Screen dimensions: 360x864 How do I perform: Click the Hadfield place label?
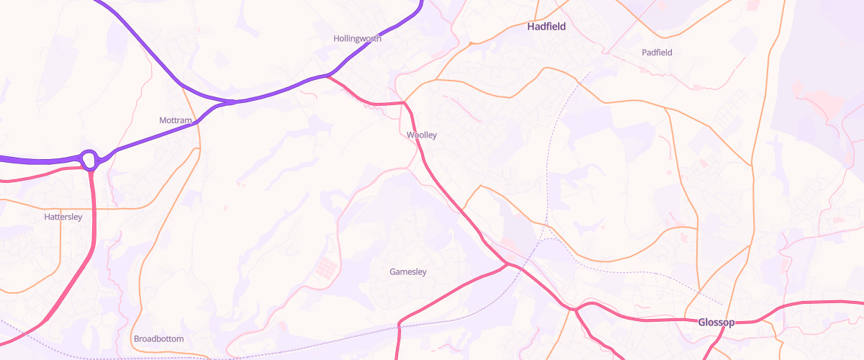546,27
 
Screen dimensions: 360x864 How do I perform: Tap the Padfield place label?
657,53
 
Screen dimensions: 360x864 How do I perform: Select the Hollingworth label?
357,38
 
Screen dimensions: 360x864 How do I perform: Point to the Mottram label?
176,120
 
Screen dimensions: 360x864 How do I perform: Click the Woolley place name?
421,135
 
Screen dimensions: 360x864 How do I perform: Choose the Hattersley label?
63,217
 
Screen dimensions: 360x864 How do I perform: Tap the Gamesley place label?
408,272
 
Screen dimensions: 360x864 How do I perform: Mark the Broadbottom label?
158,338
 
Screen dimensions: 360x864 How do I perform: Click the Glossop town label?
716,322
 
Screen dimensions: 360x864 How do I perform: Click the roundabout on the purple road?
89,159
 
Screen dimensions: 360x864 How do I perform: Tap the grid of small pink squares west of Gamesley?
325,269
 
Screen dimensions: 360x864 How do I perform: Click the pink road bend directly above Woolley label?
405,104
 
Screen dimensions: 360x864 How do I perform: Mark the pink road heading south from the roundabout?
94,216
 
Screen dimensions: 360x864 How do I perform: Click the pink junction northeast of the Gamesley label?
508,264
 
